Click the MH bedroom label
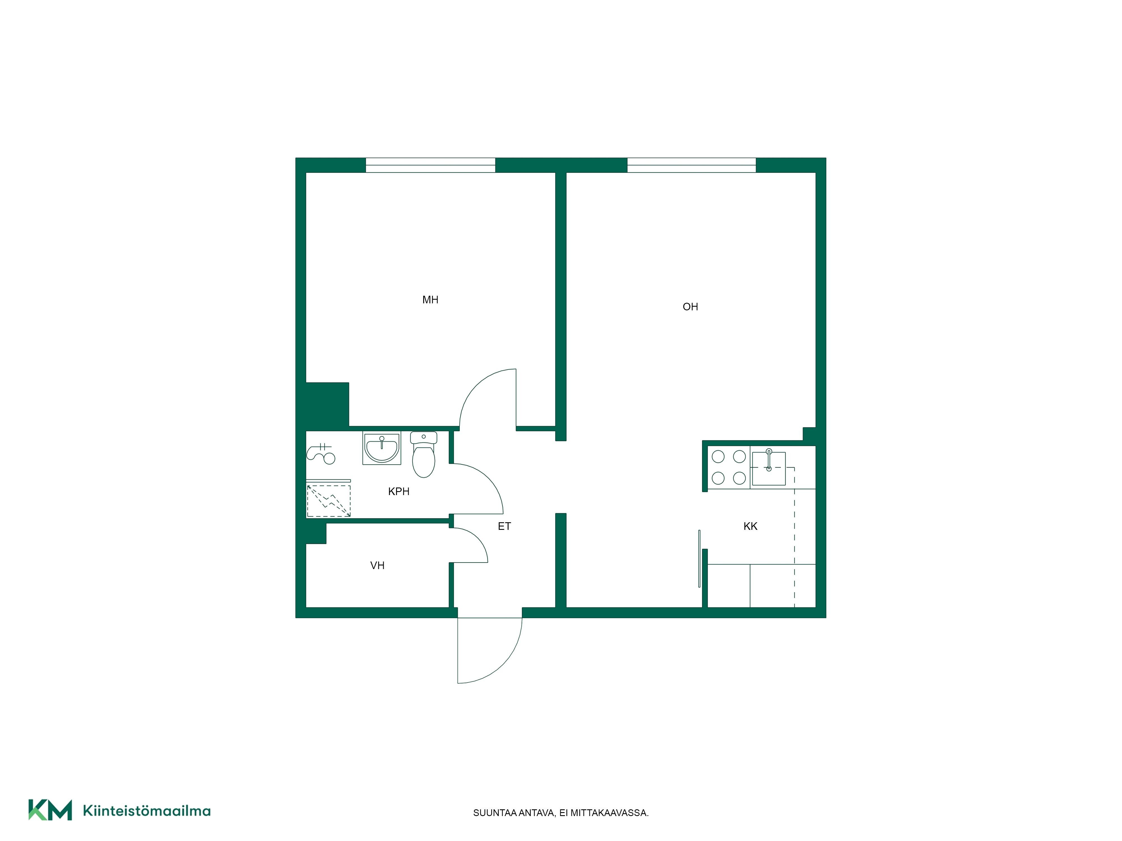pos(430,300)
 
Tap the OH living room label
pos(690,307)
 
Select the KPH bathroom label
pos(399,491)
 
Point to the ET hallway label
pos(504,526)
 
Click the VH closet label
pos(377,565)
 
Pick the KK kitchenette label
pos(750,526)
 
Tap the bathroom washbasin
pos(381,448)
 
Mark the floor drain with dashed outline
pos(329,501)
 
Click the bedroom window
pos(430,165)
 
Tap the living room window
pos(691,165)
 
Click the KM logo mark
pos(50,810)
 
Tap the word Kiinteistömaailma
pos(147,811)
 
